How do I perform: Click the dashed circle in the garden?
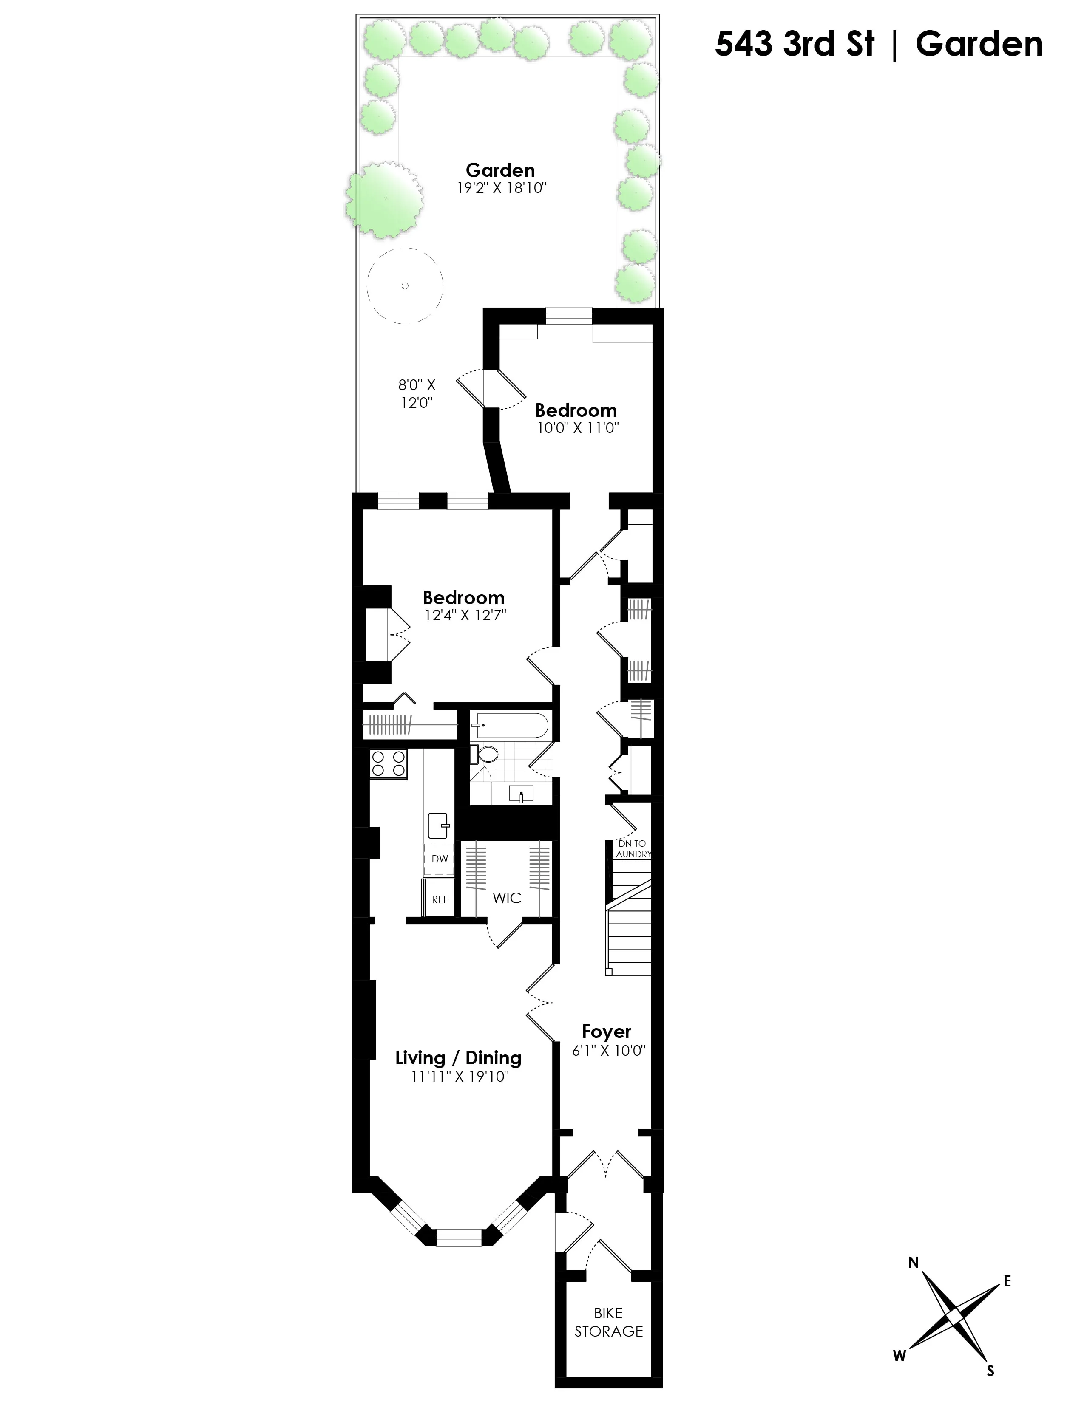tap(405, 285)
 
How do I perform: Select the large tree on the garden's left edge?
tap(384, 199)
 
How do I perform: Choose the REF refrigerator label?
tap(439, 899)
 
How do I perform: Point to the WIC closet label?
tap(507, 898)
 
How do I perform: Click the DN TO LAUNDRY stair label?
tap(632, 849)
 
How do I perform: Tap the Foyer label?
tap(606, 1032)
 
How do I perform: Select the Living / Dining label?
tap(458, 1058)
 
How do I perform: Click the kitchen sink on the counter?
tap(439, 825)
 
